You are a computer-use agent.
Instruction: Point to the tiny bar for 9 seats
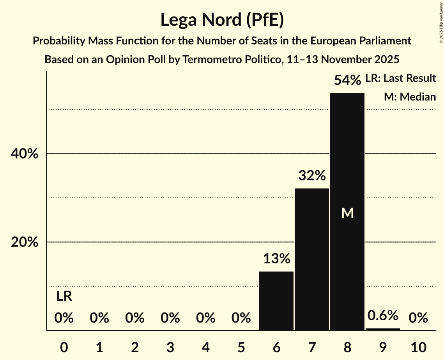coord(382,329)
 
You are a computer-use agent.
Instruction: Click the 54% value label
coord(347,80)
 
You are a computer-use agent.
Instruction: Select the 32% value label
coord(312,176)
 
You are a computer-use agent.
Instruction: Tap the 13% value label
coord(276,259)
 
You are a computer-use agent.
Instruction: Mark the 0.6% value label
coord(382,315)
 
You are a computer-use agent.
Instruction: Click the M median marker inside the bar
coord(347,213)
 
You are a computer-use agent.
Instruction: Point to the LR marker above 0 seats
coord(64,296)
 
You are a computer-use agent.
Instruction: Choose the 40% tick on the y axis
coord(24,154)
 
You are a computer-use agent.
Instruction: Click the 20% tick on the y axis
coord(24,242)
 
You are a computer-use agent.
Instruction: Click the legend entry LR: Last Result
coord(400,78)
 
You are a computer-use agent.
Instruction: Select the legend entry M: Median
coord(410,97)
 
